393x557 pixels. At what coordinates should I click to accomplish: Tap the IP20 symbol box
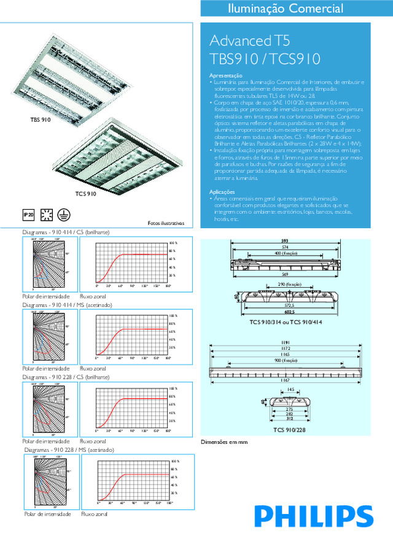pos(27,215)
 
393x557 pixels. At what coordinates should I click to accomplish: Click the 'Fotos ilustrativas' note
pos(166,223)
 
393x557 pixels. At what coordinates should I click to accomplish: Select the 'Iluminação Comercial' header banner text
pos(294,9)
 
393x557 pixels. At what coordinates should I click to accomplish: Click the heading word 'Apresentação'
pos(225,75)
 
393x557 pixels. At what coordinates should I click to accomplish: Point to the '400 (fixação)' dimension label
pos(286,253)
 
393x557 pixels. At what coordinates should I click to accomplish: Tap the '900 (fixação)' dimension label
pos(286,361)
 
